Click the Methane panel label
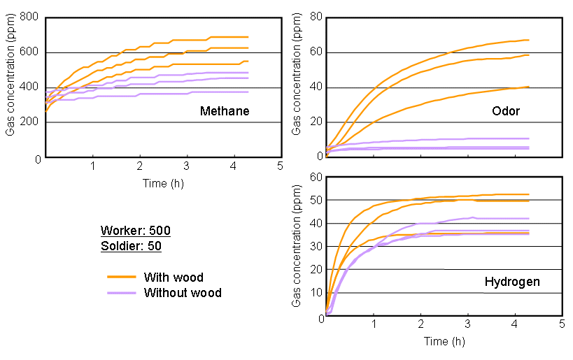click(x=224, y=111)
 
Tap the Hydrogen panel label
click(x=511, y=282)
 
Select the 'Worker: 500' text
click(x=135, y=231)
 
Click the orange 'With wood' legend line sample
click(x=121, y=277)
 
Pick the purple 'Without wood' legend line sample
click(x=121, y=293)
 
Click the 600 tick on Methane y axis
click(x=30, y=52)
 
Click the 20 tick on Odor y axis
click(x=315, y=123)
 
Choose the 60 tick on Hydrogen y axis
click(x=315, y=177)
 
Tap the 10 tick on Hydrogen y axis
click(x=315, y=294)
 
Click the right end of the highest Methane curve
click(x=248, y=37)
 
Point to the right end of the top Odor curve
click(x=528, y=40)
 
